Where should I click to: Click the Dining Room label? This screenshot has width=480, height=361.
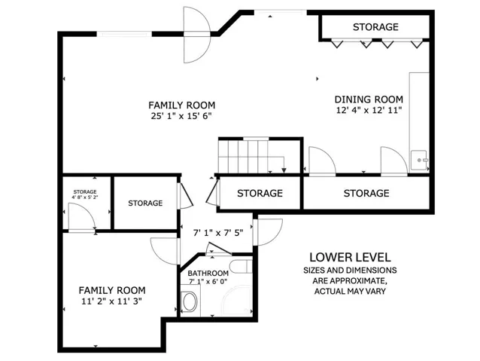(x=369, y=99)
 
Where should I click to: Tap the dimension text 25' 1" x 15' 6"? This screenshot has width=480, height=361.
(x=181, y=116)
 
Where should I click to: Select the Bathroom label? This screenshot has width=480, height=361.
(x=208, y=273)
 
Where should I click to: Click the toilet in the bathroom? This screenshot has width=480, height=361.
(x=190, y=301)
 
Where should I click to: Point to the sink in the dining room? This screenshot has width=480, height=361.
(x=419, y=160)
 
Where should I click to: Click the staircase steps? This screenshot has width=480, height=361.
(x=243, y=157)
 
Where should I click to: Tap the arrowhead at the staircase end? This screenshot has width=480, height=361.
(x=284, y=170)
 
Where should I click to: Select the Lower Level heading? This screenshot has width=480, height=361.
(x=350, y=257)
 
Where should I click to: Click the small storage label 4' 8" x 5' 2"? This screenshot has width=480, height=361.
(x=85, y=197)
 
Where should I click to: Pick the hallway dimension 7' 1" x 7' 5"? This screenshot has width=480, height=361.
(x=218, y=233)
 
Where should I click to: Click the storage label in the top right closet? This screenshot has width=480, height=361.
(x=375, y=27)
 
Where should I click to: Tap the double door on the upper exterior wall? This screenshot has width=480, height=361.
(x=197, y=35)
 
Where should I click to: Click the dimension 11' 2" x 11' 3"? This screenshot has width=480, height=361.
(x=112, y=301)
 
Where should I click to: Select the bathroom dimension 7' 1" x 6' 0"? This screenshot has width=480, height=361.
(x=208, y=281)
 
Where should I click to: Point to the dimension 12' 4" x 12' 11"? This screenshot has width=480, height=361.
(x=369, y=110)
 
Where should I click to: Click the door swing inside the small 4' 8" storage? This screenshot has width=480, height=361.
(x=81, y=216)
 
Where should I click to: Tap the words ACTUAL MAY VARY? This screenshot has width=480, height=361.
(x=350, y=291)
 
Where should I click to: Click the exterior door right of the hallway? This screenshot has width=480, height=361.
(x=268, y=232)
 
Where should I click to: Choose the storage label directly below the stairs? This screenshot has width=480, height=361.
(x=260, y=193)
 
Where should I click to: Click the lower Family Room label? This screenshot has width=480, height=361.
(x=112, y=290)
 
